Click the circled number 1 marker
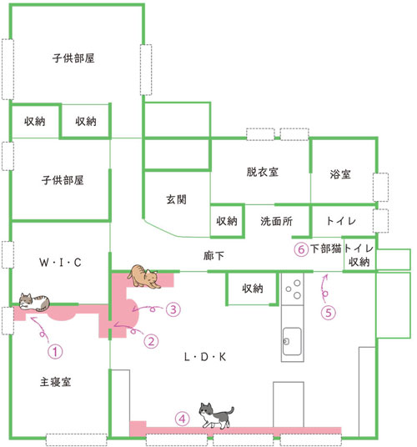(x=55, y=351)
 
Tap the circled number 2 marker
(x=151, y=341)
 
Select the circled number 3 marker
(x=173, y=309)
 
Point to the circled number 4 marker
(x=182, y=419)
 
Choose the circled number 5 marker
(x=329, y=313)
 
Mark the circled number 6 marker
(x=301, y=249)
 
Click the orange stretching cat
(x=143, y=276)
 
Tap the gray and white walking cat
(x=216, y=415)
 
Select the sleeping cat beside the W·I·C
(x=34, y=302)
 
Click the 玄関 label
(x=177, y=199)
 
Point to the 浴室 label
(x=340, y=174)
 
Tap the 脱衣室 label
(x=263, y=172)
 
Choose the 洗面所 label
(x=277, y=221)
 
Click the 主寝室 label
(x=55, y=382)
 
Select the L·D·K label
(x=205, y=357)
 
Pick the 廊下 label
(x=214, y=256)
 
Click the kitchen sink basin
(x=292, y=341)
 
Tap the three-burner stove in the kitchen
(x=293, y=289)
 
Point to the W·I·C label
(x=60, y=262)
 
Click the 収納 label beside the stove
(x=253, y=289)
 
